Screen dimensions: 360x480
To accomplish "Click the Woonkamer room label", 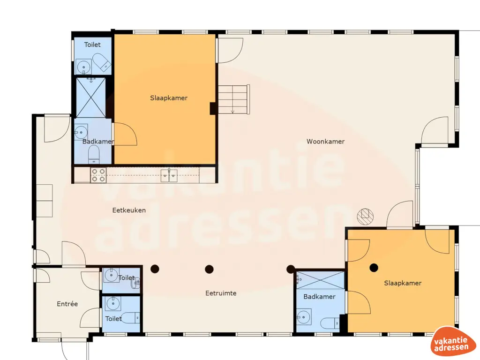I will (325, 141).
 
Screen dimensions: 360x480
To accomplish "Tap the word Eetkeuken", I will (129, 210).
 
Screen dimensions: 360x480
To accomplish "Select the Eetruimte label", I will (221, 293).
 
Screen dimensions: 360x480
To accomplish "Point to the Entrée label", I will (67, 304).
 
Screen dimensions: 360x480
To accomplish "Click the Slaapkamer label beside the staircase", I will (169, 98).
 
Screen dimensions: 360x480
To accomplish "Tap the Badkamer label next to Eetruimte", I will (319, 297).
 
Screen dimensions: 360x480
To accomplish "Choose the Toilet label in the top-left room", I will (92, 45).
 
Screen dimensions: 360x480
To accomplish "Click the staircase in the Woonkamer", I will (234, 99).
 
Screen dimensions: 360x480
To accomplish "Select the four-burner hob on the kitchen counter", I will (98, 175).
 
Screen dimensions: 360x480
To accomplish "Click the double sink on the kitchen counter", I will (169, 175).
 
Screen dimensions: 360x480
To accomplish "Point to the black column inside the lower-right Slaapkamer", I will (374, 268).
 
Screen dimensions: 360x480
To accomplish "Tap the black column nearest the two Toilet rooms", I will (155, 269).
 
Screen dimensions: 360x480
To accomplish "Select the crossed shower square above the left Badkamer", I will (90, 97).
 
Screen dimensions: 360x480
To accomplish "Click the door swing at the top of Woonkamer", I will (230, 50).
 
